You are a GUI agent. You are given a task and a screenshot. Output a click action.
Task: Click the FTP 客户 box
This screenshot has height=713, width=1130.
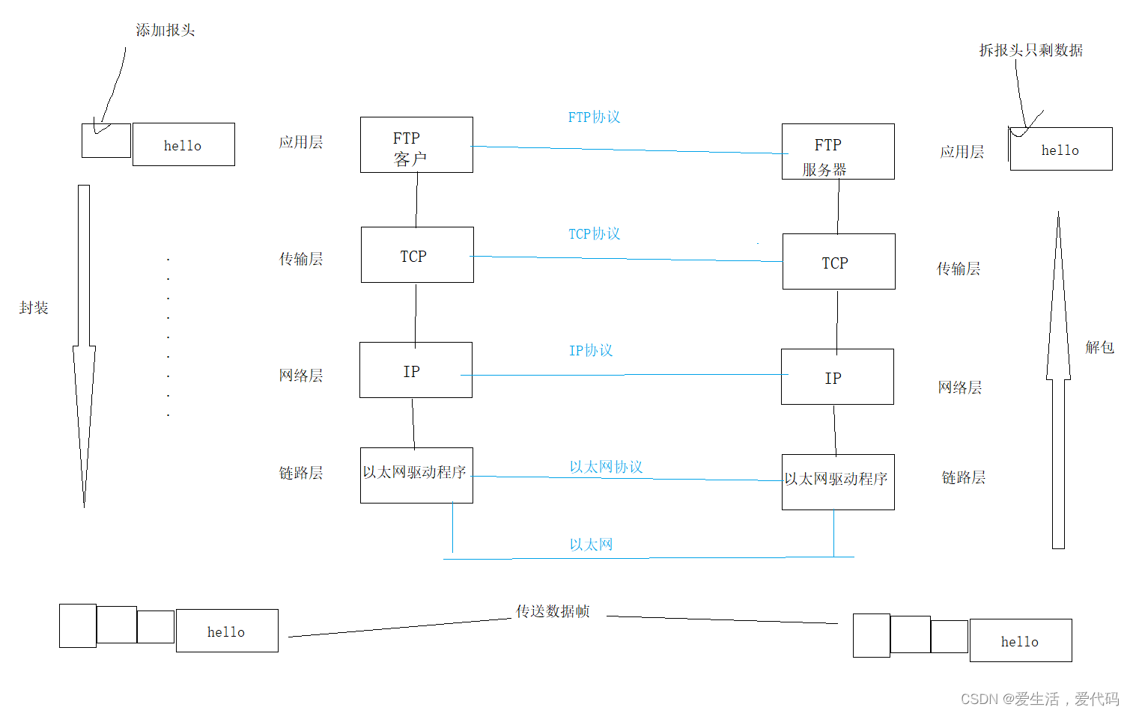coord(416,145)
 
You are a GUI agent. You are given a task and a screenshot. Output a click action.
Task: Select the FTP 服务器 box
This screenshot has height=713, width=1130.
coord(838,152)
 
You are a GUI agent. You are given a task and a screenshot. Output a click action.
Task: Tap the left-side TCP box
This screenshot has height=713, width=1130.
coord(417,255)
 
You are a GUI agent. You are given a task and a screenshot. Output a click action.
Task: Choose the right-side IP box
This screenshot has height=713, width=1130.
coord(837,377)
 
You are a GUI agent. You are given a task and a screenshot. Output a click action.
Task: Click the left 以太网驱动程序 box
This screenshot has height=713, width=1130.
coord(416,475)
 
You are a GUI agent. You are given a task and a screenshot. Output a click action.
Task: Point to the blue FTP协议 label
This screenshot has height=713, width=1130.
coord(594,117)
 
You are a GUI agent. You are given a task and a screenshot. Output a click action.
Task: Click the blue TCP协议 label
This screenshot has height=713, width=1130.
coord(594,234)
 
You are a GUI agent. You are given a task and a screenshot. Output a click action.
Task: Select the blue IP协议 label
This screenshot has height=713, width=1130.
coord(591,351)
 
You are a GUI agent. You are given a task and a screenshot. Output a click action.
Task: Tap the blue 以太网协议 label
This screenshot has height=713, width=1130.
coord(606,468)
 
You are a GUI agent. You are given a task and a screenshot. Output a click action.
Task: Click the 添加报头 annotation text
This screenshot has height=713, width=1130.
coord(165,31)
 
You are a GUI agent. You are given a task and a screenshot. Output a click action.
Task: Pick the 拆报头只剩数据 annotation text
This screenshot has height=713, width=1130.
coord(1030,51)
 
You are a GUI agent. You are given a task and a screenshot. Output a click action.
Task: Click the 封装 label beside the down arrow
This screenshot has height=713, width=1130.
coord(34,308)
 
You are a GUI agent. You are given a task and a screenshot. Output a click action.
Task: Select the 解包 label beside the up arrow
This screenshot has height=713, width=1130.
coord(1099,347)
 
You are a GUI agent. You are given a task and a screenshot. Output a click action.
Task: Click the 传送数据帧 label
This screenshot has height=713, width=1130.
coord(553,612)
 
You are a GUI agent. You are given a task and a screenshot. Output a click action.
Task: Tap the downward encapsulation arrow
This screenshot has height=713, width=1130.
coord(84,344)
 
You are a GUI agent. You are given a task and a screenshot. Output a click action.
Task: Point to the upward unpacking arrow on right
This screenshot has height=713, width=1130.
coord(1058,382)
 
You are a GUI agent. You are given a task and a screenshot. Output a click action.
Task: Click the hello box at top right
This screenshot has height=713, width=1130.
coord(1060,150)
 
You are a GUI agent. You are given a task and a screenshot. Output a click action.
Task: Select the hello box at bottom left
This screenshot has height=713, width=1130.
coord(227,631)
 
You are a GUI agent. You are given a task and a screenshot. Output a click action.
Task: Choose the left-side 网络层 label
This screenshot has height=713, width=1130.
coord(300,376)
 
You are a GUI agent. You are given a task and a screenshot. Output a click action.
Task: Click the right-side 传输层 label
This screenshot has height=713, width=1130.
coord(959,269)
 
